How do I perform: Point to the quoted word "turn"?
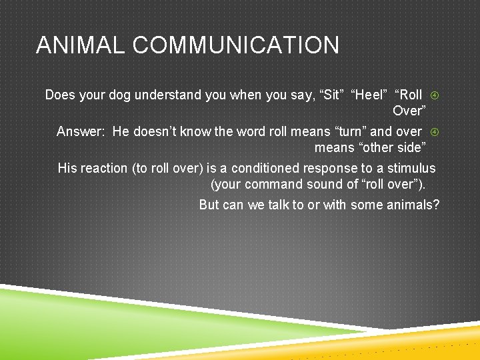347,131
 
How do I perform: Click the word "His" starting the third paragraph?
67,168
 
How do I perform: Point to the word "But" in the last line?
209,205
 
